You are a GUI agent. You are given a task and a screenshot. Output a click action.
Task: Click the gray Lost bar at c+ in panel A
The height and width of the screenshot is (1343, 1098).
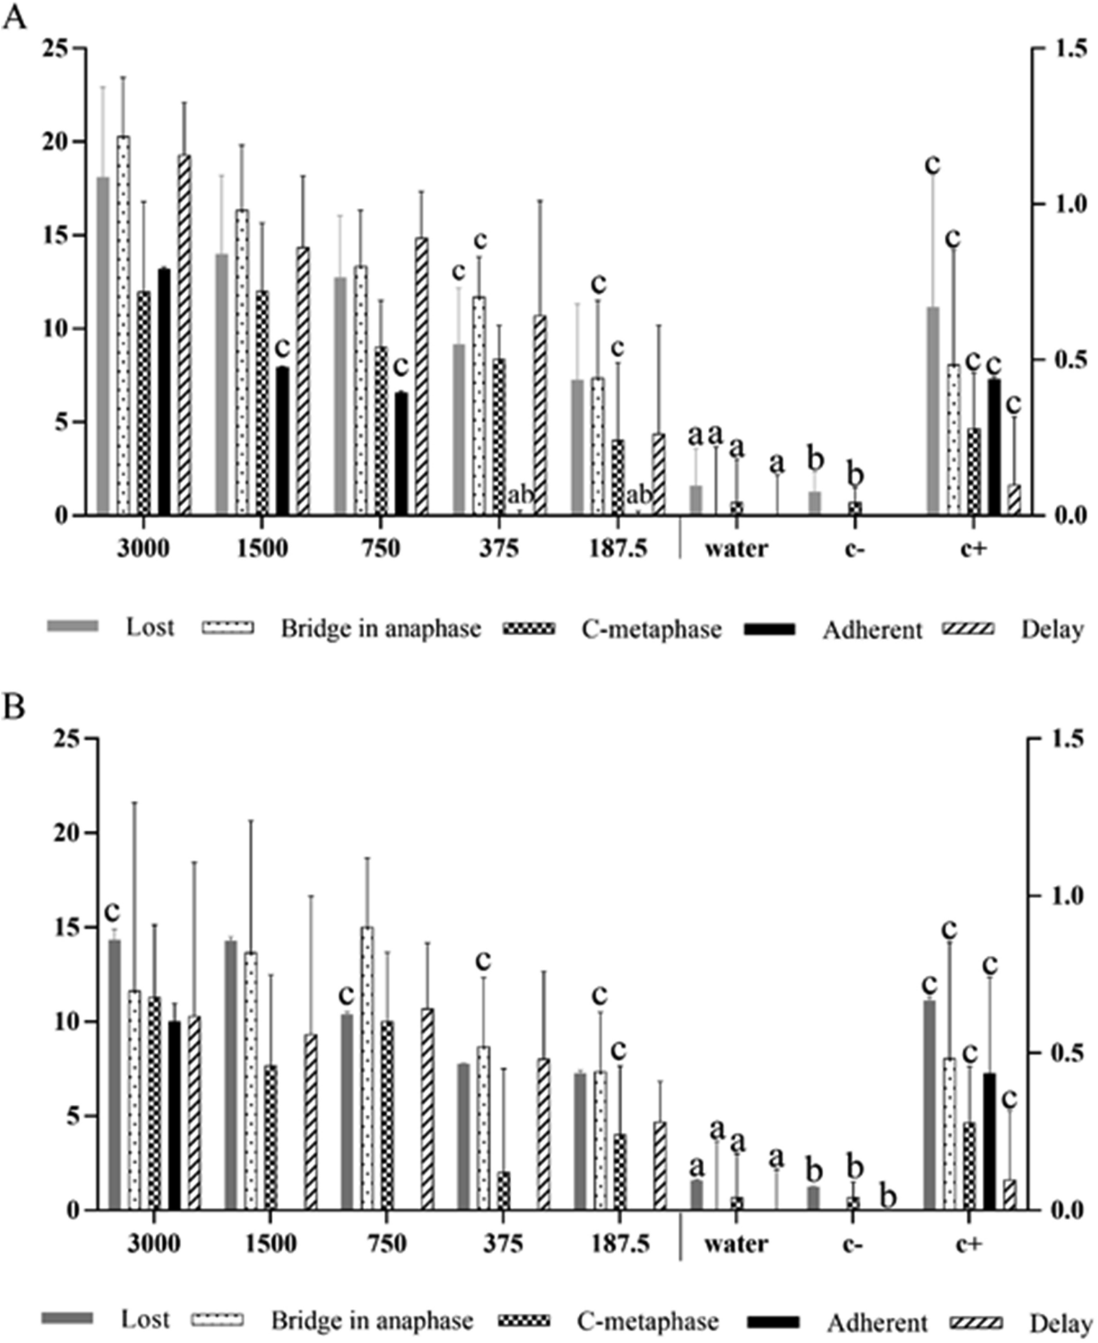click(x=933, y=411)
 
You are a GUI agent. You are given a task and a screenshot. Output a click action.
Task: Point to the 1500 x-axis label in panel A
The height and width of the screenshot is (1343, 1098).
click(x=262, y=548)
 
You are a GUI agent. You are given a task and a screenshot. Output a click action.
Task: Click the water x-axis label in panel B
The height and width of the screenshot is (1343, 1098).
click(x=737, y=1243)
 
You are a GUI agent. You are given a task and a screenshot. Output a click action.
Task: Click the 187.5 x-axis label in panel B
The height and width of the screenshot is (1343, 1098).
click(x=620, y=1243)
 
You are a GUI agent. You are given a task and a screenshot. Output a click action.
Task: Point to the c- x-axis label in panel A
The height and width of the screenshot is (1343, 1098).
click(x=854, y=548)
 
